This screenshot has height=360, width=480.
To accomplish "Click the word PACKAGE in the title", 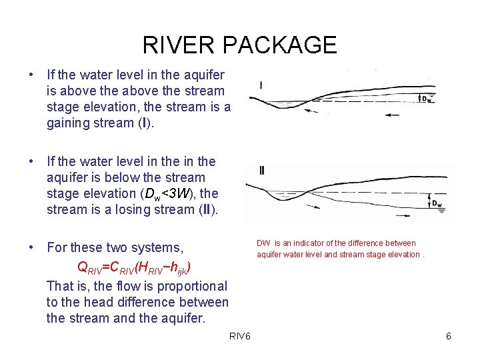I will click(x=280, y=45).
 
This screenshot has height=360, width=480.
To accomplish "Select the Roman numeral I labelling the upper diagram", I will click(x=261, y=85).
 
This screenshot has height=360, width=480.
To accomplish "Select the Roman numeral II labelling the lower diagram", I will click(x=262, y=171).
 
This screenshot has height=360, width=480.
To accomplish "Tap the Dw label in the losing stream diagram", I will click(x=437, y=203).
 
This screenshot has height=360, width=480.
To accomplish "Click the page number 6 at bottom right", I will click(x=449, y=337).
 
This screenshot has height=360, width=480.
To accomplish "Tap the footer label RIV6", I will click(x=239, y=337).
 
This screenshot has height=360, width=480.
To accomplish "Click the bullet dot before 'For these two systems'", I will click(x=31, y=247).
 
